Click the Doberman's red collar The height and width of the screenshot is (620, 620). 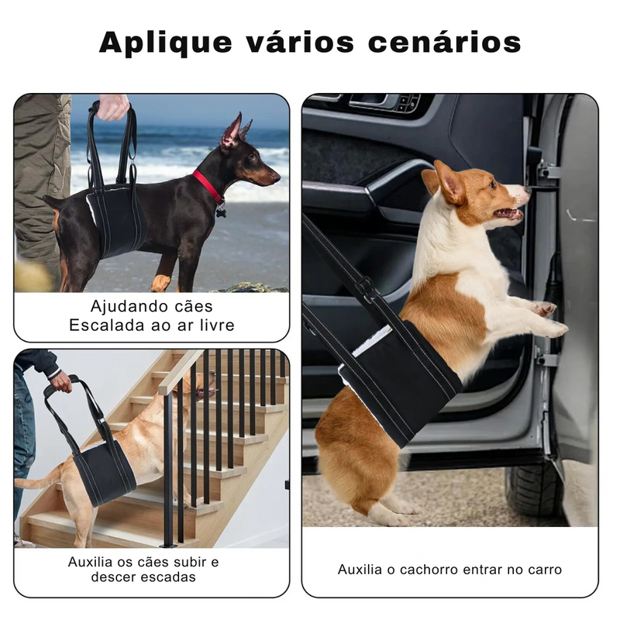[208, 187]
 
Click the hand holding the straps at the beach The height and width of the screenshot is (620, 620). [113, 107]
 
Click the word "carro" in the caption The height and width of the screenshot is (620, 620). [542, 570]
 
